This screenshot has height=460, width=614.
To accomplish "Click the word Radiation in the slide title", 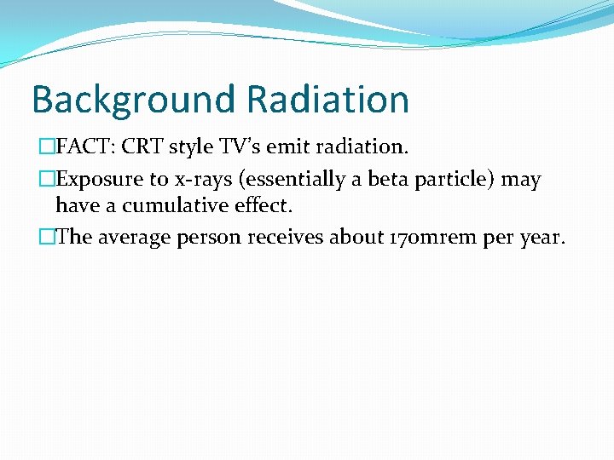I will click(x=327, y=100).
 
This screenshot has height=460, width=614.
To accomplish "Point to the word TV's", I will click(x=246, y=147).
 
